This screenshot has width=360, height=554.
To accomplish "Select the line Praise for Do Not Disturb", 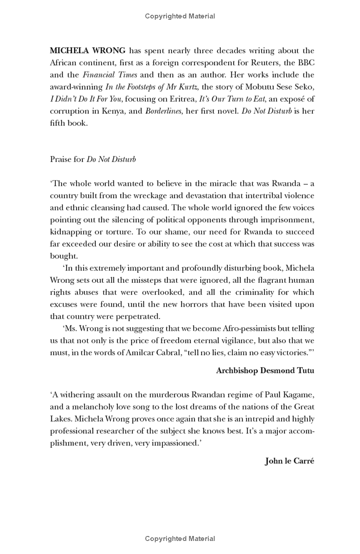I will (93, 159).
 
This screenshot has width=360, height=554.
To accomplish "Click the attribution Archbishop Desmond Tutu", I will (265, 370).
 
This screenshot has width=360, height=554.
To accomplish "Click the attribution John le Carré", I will (289, 461).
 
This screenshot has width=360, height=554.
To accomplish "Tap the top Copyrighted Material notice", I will (180, 16).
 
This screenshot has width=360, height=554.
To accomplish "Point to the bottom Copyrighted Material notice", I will (180, 539).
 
